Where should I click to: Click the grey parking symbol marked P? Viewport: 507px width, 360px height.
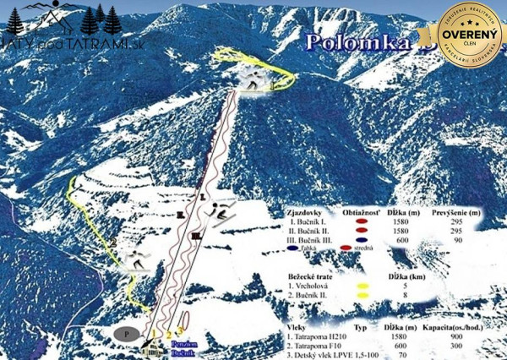(126, 334)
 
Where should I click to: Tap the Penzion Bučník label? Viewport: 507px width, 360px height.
(185, 349)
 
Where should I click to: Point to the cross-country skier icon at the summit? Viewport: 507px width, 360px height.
(252, 79)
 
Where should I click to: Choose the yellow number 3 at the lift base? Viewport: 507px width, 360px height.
(180, 332)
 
